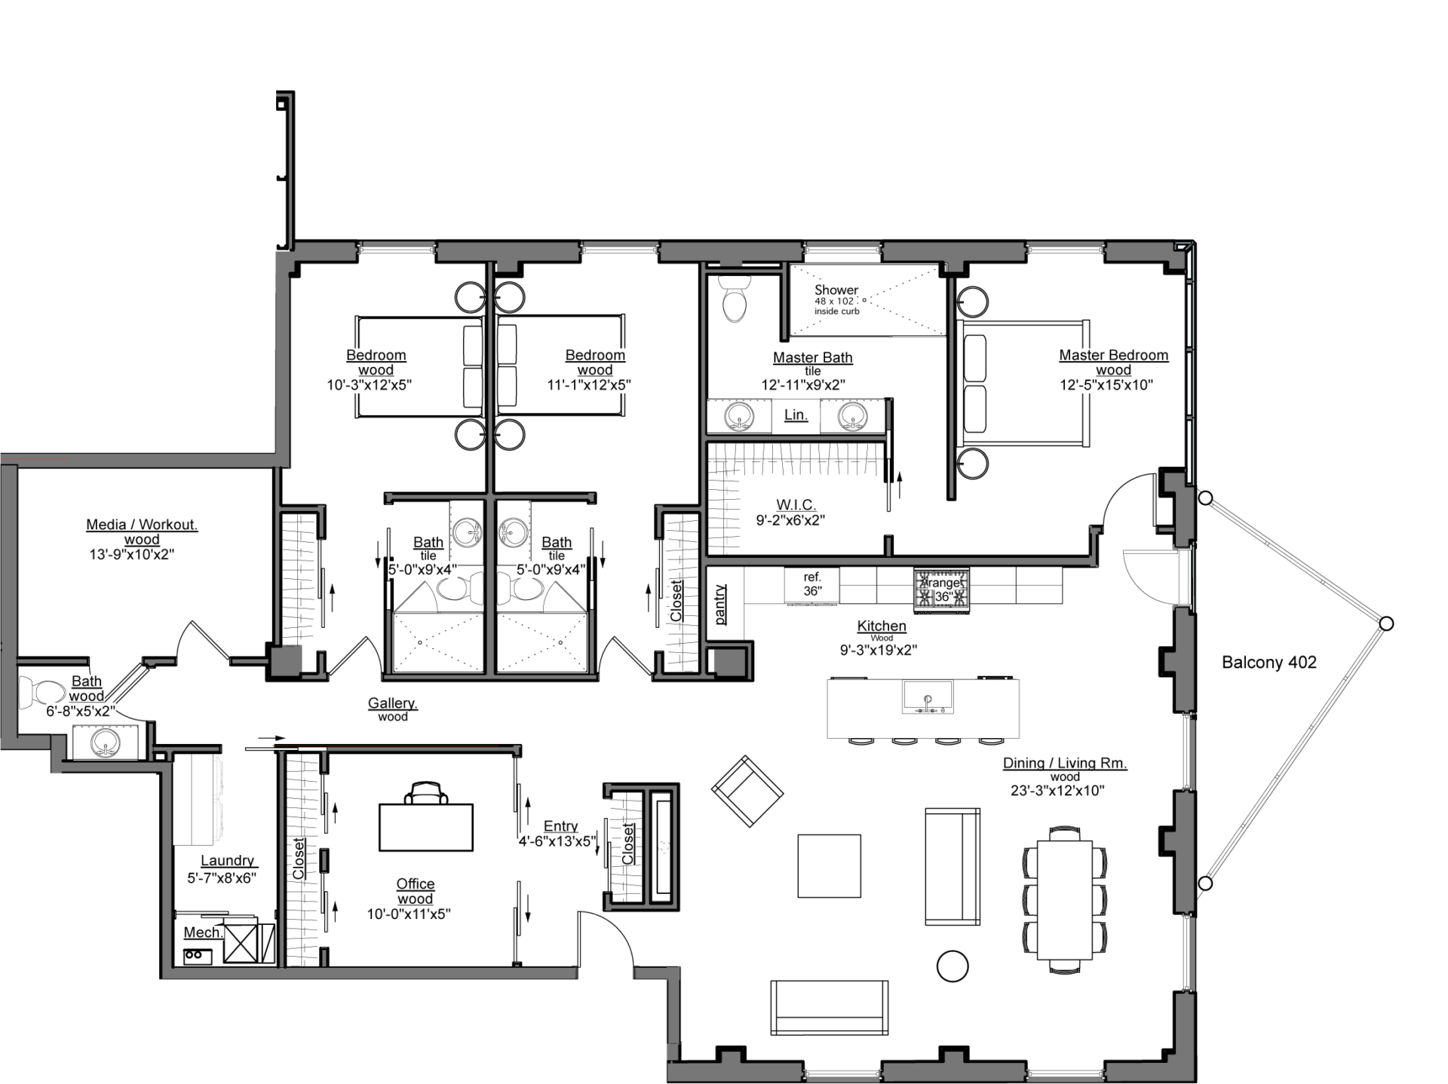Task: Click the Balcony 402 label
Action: coord(1269,663)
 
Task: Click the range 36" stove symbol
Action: coord(941,589)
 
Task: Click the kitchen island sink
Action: coord(928,697)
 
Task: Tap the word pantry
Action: coord(721,604)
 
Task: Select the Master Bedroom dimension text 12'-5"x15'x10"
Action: coord(1113,385)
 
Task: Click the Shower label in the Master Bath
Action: coord(836,289)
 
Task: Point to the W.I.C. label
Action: coord(796,504)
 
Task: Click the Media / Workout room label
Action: coord(142,525)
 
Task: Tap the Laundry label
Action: coord(226,861)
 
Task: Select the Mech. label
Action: coord(203,932)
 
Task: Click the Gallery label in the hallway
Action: coord(392,703)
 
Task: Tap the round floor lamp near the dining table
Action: coord(952,966)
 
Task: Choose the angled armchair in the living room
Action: coord(747,791)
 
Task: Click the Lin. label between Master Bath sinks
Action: coord(796,415)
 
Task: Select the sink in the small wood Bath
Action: coord(105,743)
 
